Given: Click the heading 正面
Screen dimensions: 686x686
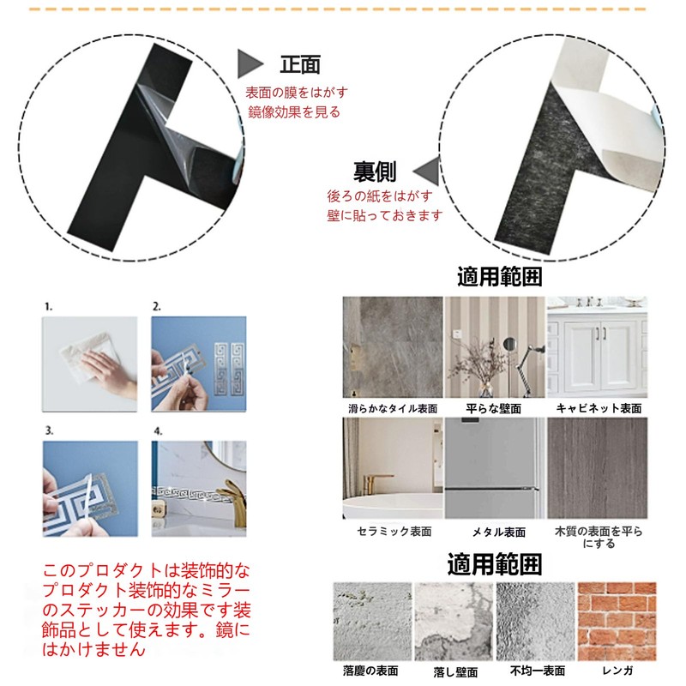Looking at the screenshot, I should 299,63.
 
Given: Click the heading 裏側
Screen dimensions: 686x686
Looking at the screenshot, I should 375,171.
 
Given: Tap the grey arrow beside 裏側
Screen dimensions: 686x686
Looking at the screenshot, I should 426,168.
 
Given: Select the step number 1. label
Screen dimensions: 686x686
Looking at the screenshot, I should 49,305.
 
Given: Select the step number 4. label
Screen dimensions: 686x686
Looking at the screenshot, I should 157,430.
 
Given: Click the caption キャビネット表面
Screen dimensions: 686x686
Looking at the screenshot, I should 599,409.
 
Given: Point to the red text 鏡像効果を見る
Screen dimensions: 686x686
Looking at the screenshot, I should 293,111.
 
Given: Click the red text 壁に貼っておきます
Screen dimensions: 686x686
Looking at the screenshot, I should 385,215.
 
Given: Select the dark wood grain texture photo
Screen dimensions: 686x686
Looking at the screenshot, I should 598,468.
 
